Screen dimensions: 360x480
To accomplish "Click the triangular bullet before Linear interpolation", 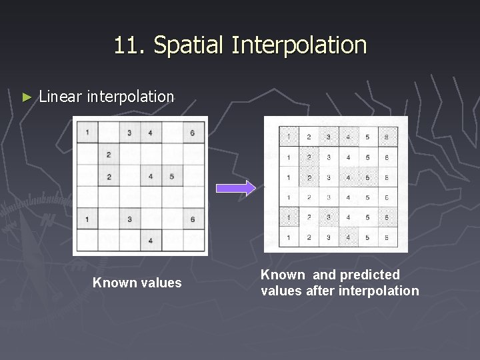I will point(27,97).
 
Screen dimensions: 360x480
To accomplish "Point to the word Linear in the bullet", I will point(60,97).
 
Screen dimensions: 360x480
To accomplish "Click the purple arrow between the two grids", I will point(245,188).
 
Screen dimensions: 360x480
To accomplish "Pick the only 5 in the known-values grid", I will point(172,177).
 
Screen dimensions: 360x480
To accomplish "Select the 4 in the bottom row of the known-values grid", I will point(151,240).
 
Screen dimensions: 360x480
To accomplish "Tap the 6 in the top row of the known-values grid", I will point(193,133).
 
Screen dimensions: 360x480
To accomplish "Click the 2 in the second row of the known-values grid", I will point(108,155).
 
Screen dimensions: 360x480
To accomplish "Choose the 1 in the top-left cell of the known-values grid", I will point(87,133).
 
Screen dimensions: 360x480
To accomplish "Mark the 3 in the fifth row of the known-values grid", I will point(129,219).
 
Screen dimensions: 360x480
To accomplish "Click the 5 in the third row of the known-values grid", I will point(172,177).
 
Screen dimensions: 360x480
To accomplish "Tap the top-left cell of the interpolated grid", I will point(288,137).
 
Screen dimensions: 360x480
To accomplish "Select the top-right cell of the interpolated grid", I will point(387,137).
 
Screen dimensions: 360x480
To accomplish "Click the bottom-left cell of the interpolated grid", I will point(288,237).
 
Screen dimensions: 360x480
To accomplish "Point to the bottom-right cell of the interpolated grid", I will point(387,237).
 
